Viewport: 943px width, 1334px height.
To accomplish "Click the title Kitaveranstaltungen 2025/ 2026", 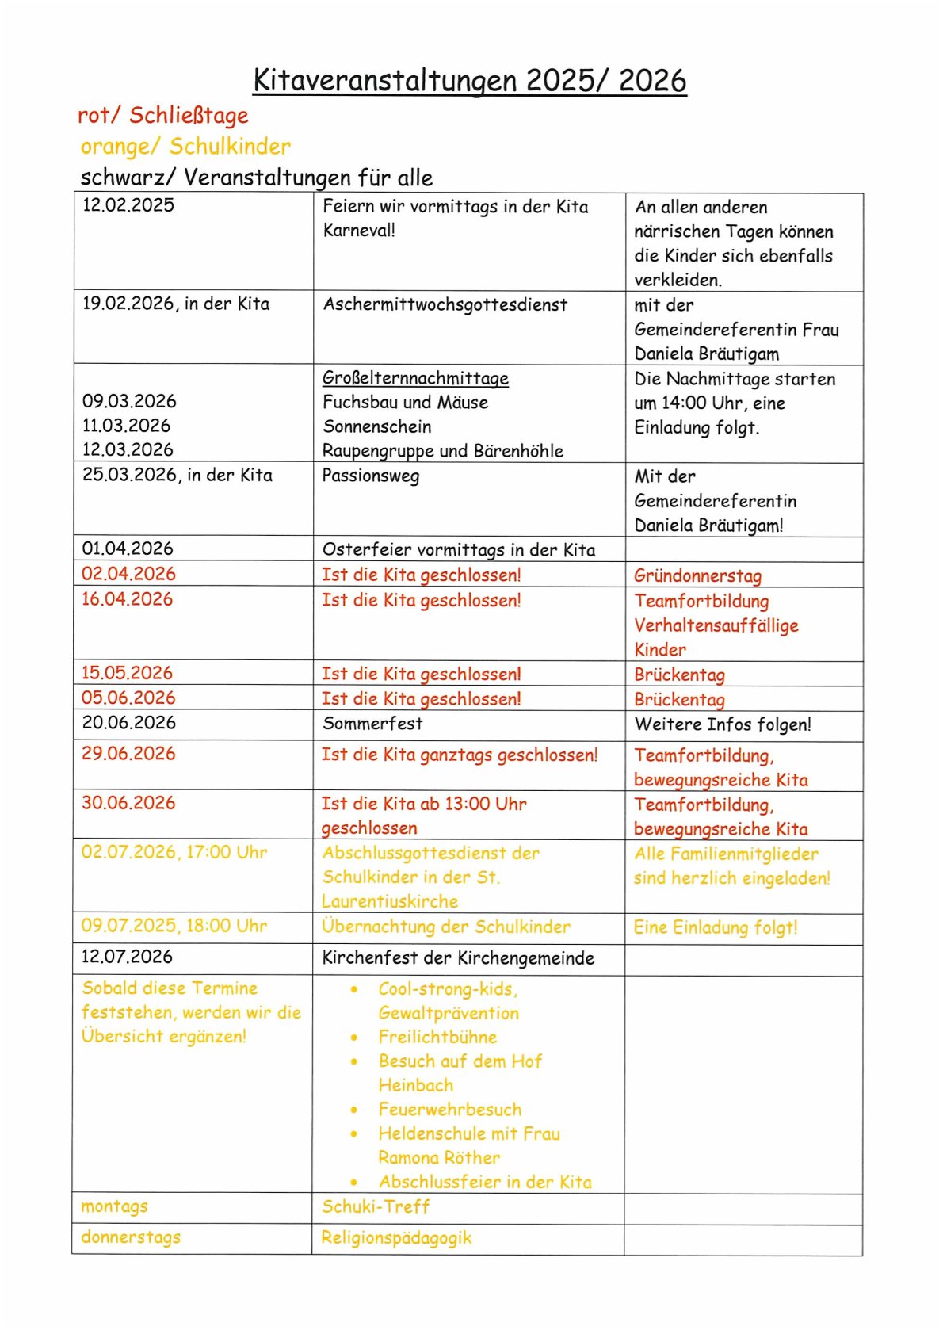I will click(x=470, y=81).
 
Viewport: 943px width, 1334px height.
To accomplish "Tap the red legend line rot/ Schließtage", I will click(x=163, y=116).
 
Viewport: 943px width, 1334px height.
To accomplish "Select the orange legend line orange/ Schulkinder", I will click(x=185, y=147).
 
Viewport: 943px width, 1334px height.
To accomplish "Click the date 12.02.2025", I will click(x=128, y=205).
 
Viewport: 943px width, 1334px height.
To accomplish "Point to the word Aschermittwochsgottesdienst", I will click(x=445, y=304).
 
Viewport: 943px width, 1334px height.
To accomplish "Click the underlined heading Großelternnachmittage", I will click(x=415, y=378).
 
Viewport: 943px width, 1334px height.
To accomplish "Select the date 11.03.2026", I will click(x=126, y=426).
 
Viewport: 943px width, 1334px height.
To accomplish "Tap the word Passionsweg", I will click(x=370, y=476).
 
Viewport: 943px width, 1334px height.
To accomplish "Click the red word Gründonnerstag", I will click(x=697, y=576).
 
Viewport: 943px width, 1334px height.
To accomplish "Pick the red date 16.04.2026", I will click(x=127, y=599).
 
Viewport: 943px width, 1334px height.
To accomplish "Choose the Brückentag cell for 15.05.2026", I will click(x=679, y=675).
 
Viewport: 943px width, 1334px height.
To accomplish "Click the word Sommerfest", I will click(x=372, y=724).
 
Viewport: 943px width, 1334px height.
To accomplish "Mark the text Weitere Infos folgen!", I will click(x=723, y=724).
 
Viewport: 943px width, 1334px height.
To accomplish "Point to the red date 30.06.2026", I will click(x=128, y=803).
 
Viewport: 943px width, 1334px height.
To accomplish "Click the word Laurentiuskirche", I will click(x=390, y=901).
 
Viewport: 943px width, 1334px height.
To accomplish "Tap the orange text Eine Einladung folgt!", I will click(x=716, y=927).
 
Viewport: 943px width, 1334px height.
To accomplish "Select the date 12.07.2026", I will click(x=127, y=957).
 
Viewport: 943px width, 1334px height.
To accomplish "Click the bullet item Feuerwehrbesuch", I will click(x=450, y=1110).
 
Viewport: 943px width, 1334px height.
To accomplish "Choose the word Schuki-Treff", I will click(x=376, y=1206).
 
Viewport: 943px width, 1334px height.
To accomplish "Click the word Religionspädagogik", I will click(x=396, y=1237).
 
